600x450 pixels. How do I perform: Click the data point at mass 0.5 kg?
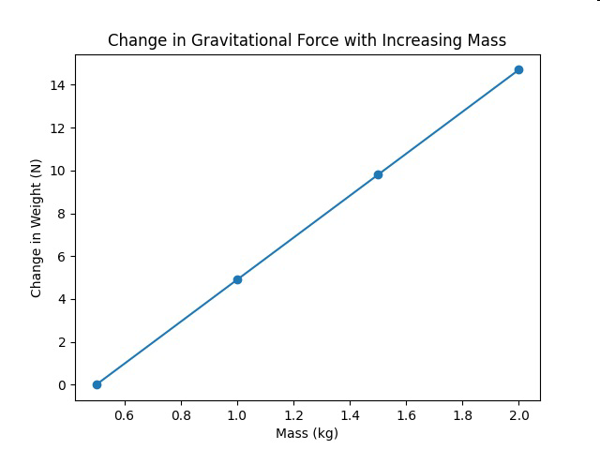[97, 384]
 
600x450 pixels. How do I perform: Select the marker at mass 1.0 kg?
[237, 279]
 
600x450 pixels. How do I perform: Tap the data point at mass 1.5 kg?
[378, 175]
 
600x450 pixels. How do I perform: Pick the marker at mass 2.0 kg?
[518, 69]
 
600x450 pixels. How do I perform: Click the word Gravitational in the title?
[264, 40]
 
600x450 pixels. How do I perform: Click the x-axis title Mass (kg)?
[307, 433]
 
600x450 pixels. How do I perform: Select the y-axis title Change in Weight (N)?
[36, 229]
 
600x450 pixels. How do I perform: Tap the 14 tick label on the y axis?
[58, 85]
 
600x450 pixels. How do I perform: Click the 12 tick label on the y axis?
[58, 128]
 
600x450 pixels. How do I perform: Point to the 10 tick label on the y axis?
[58, 171]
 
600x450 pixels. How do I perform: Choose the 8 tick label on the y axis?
[62, 214]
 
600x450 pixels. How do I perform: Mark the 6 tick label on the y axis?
[62, 257]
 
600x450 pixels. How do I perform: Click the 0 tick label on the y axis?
[62, 385]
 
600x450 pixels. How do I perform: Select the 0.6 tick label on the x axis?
[125, 415]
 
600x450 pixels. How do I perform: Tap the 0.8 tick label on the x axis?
[181, 415]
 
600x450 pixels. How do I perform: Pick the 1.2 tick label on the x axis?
[293, 415]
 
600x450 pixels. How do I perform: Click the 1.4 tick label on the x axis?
[350, 415]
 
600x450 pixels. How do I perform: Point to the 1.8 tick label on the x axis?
[462, 415]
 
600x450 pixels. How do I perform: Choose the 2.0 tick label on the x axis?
[518, 415]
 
